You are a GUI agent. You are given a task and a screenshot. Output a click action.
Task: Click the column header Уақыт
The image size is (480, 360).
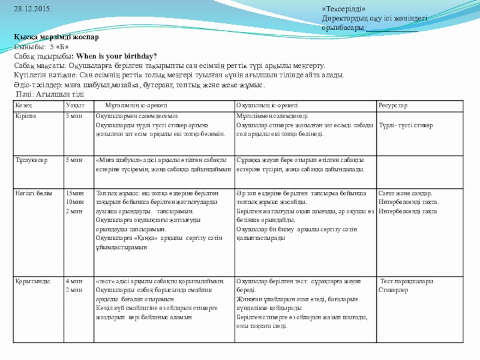[75, 106]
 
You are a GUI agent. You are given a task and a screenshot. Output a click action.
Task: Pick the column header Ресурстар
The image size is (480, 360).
[392, 106]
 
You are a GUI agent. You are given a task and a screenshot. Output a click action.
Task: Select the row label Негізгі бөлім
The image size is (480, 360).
[34, 193]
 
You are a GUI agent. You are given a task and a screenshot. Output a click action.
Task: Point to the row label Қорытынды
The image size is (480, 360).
[31, 281]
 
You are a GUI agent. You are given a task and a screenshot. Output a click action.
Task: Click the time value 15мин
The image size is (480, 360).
[75, 193]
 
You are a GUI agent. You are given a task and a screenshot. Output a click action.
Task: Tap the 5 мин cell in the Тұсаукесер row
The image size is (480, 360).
[74, 160]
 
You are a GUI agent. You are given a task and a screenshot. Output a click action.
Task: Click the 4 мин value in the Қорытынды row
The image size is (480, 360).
[74, 281]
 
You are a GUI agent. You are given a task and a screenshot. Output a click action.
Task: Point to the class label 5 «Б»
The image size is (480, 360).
[59, 47]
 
